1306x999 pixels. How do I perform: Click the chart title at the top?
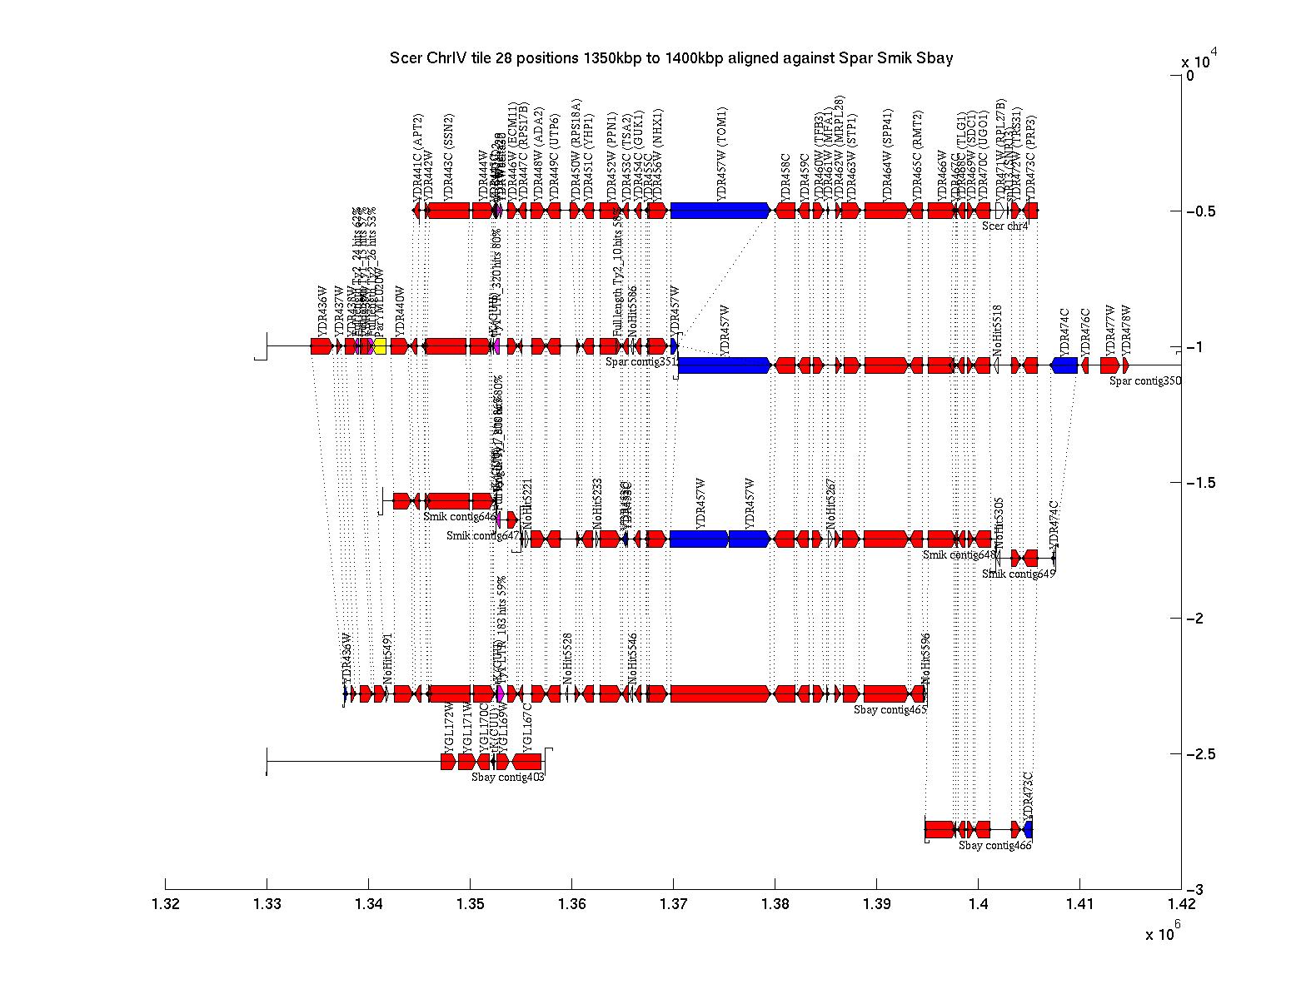[670, 58]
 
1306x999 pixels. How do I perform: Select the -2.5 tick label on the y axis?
[1199, 754]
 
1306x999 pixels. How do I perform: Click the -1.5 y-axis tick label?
[1199, 483]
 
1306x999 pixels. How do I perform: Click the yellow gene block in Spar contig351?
[380, 346]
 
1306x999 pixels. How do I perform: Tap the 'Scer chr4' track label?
[1004, 226]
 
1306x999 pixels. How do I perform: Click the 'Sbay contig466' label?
[994, 846]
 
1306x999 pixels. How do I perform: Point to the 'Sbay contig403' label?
[508, 777]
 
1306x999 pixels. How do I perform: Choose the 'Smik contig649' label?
[1019, 574]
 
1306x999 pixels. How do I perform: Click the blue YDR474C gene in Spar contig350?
[1064, 365]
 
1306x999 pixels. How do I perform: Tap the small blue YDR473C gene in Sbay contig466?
[1029, 829]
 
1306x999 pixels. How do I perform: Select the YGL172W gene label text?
[449, 728]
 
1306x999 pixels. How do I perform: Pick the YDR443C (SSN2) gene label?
[449, 154]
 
